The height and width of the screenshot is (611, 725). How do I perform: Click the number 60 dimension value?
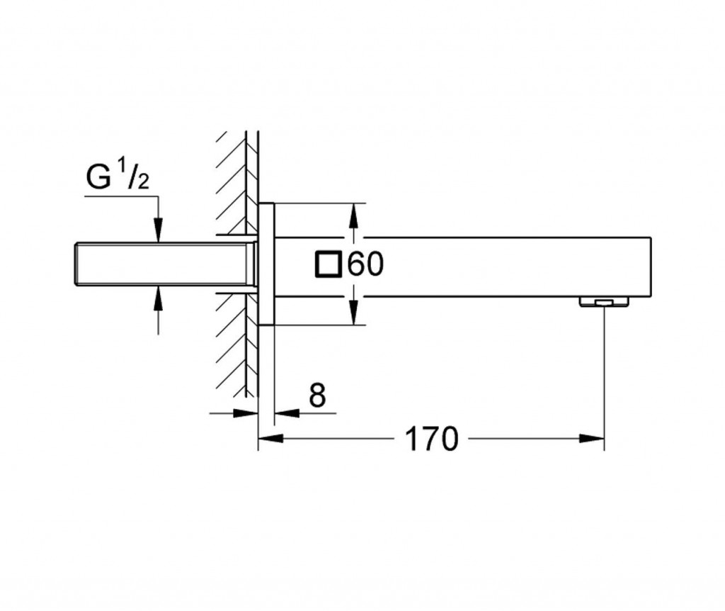(365, 264)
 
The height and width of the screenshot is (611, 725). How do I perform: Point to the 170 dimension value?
(430, 439)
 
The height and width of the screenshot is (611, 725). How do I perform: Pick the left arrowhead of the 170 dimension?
(269, 439)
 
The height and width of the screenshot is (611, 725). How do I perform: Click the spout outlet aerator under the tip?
(603, 303)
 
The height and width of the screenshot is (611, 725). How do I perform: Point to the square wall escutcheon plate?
(266, 264)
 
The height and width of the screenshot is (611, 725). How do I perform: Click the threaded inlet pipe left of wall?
(163, 264)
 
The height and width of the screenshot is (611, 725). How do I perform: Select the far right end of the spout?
(648, 266)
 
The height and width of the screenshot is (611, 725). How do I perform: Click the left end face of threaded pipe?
(76, 264)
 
